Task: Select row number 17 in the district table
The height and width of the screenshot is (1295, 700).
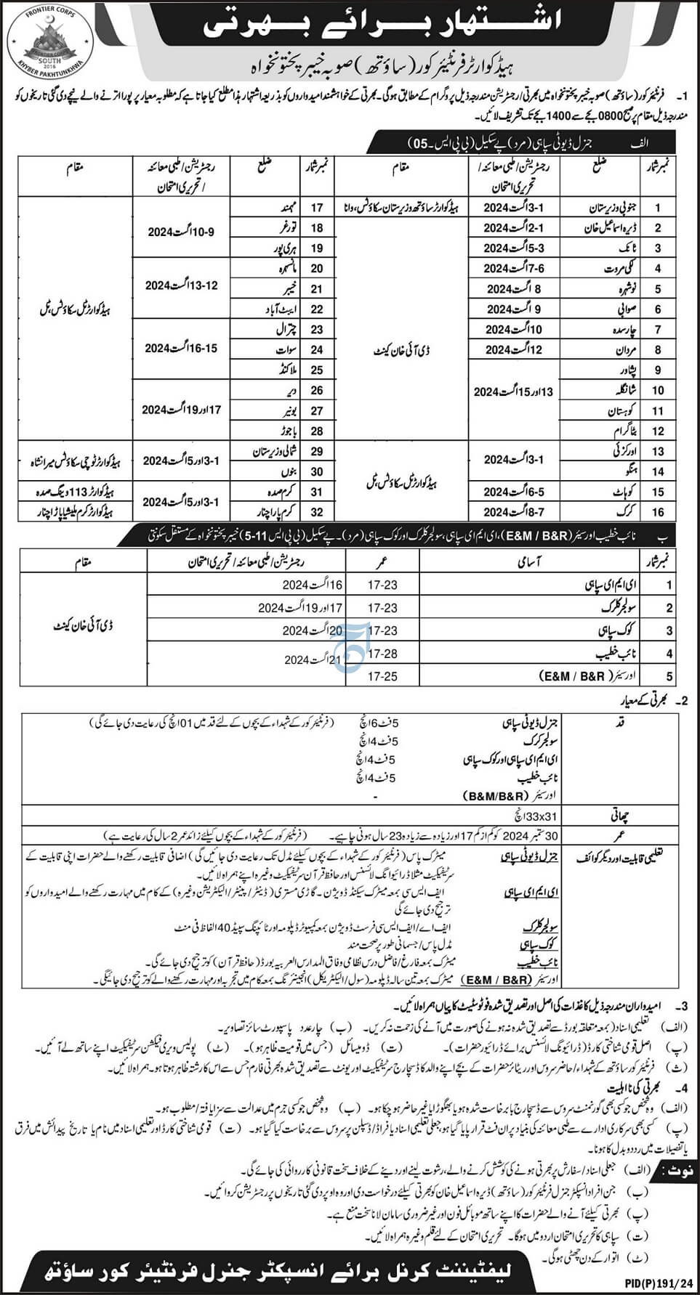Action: click(317, 208)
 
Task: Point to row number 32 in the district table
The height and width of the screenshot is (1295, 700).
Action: click(317, 511)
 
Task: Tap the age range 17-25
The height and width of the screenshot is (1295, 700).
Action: click(382, 676)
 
